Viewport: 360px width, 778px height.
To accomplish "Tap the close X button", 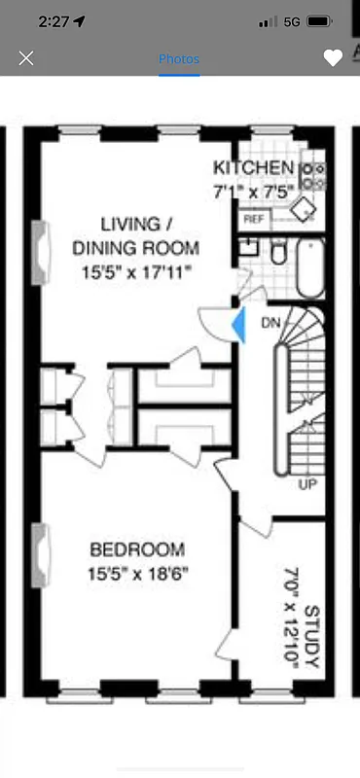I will [26, 58].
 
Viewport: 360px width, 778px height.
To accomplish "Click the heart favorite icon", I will [333, 58].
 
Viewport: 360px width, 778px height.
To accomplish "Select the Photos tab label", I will [179, 58].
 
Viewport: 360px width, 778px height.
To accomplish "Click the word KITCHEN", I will [254, 166].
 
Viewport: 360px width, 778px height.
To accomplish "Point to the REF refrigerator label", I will [254, 220].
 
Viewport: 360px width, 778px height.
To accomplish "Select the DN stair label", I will [270, 322].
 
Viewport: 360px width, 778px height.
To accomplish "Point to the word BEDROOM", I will [136, 550].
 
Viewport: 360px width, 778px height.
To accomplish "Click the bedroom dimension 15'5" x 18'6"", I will [136, 573].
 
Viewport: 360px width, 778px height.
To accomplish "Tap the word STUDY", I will [312, 638].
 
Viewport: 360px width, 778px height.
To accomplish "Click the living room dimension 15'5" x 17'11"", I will [136, 274].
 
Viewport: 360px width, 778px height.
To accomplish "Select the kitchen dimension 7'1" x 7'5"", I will [257, 191].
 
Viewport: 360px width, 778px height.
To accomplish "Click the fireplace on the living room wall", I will [41, 253].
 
